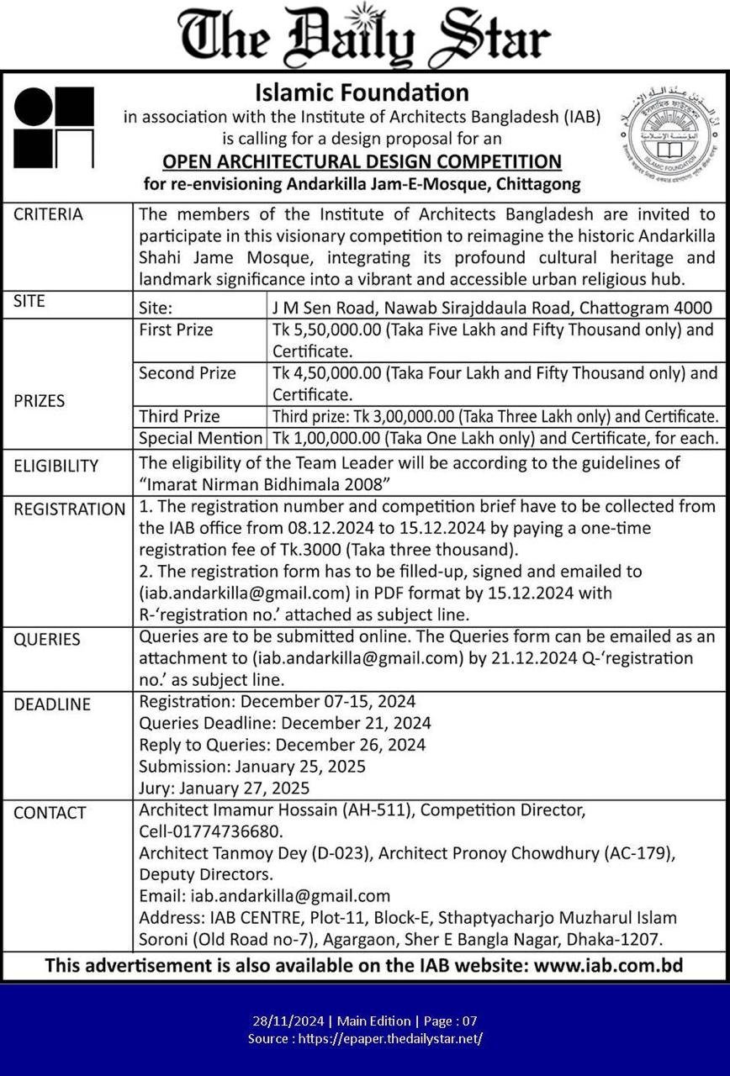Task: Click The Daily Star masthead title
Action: click(x=365, y=38)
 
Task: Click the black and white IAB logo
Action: click(x=54, y=127)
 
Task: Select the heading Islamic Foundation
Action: click(x=362, y=92)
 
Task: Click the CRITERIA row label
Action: click(x=48, y=214)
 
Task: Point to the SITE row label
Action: click(x=29, y=300)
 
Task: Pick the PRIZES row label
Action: click(x=40, y=401)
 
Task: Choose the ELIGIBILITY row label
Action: click(x=56, y=466)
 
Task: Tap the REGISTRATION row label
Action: click(x=70, y=509)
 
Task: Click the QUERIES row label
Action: click(x=47, y=640)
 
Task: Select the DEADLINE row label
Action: click(x=52, y=704)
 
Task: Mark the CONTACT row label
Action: click(x=50, y=813)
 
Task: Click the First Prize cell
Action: click(x=176, y=330)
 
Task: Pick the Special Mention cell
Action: click(x=200, y=438)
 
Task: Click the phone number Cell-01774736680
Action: click(x=211, y=831)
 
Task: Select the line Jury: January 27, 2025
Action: click(x=225, y=789)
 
